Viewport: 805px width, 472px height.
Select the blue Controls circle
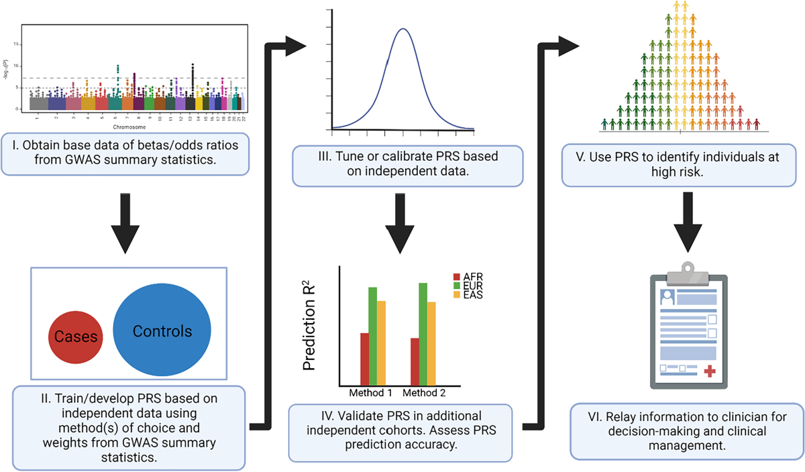click(x=162, y=331)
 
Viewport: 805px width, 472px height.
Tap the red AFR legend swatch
click(x=458, y=277)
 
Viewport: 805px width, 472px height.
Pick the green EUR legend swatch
click(x=458, y=286)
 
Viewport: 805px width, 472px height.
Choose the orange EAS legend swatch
click(x=458, y=294)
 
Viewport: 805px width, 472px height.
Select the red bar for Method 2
click(x=415, y=361)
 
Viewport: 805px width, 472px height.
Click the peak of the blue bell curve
click(x=402, y=29)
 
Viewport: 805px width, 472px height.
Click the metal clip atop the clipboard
click(x=683, y=269)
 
